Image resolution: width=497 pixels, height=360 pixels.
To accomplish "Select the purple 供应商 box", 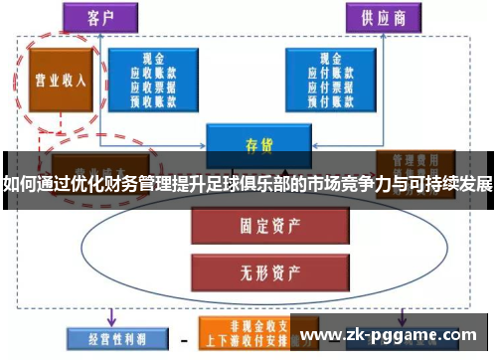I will click(x=383, y=17).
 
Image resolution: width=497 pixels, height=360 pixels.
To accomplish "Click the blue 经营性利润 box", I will click(x=106, y=339).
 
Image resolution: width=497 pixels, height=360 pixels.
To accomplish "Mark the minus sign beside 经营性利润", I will click(x=181, y=339).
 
